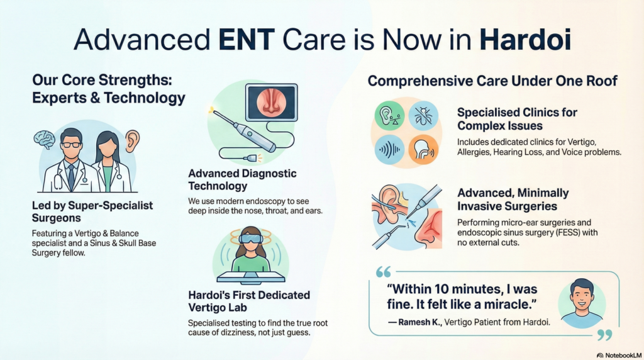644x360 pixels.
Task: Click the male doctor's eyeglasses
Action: click(71, 145)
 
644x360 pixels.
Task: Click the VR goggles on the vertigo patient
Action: click(250, 239)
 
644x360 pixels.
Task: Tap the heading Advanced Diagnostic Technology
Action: click(242, 179)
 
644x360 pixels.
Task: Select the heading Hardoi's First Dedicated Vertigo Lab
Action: click(249, 301)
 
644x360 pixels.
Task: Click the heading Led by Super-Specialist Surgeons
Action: click(92, 211)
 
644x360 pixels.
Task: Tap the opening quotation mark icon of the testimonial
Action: click(382, 272)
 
